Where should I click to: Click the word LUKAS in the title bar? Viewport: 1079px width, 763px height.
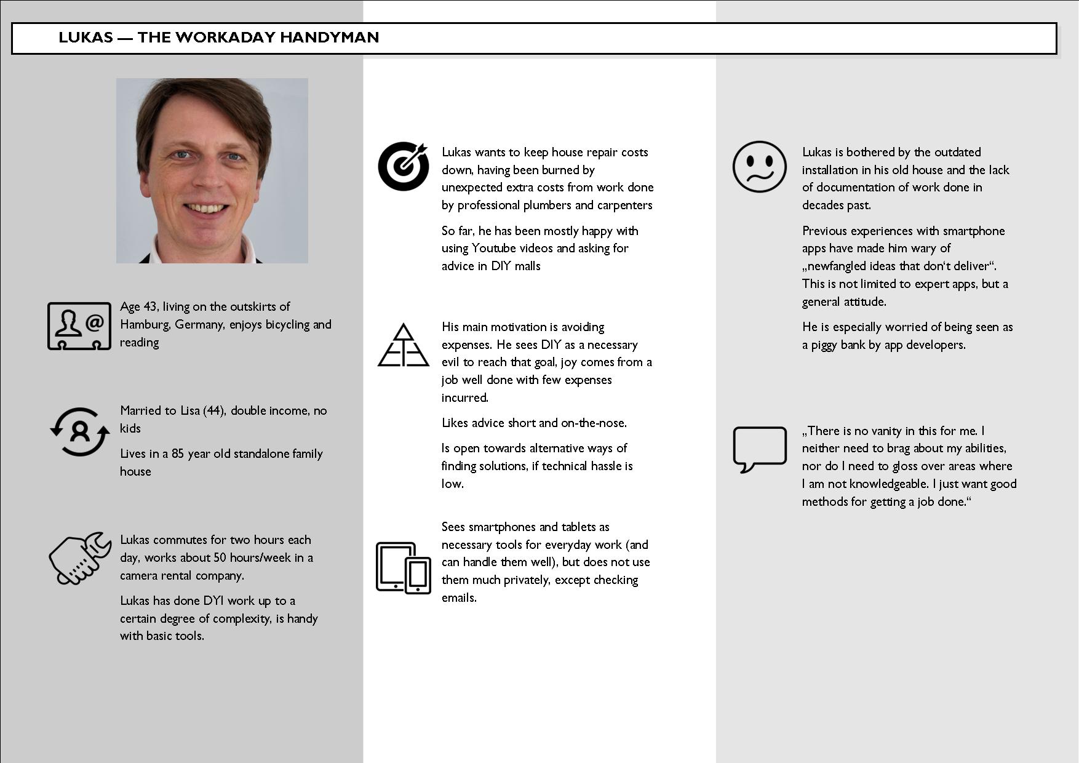click(86, 38)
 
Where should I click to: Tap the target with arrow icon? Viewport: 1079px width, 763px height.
click(404, 166)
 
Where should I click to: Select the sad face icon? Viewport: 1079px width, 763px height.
click(759, 167)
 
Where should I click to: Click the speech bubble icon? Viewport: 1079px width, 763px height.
click(759, 449)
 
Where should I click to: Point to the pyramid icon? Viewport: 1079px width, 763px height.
click(403, 345)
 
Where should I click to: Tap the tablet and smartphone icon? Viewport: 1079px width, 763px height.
click(404, 567)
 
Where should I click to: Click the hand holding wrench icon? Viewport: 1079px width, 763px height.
click(79, 558)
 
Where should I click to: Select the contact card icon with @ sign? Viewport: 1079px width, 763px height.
click(79, 326)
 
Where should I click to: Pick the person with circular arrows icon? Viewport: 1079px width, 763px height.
click(80, 431)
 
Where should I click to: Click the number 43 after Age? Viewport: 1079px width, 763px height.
click(151, 306)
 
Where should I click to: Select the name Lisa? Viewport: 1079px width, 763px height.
click(189, 410)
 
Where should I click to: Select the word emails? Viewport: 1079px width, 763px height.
click(459, 597)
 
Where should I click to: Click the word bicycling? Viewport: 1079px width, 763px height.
click(284, 324)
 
